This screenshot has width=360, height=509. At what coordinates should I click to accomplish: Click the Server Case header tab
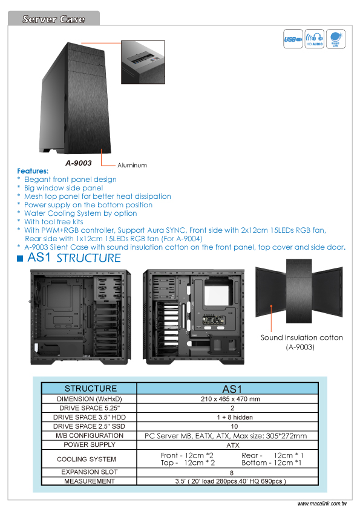coord(54,18)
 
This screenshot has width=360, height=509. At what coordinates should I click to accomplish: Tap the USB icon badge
coord(293,39)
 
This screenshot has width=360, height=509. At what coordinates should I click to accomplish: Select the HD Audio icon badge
coord(314,39)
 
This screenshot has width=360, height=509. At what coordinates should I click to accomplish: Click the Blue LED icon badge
coord(335,39)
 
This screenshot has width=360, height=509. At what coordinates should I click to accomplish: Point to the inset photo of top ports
coord(143,62)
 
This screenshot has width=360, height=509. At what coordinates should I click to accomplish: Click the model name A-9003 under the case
coord(79,163)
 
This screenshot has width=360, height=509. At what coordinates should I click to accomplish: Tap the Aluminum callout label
coord(132,165)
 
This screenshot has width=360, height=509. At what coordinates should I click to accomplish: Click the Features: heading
coord(33,170)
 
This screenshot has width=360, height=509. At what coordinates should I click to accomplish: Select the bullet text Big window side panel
coord(64,188)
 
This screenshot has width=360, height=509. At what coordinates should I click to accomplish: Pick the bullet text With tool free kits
coord(54,222)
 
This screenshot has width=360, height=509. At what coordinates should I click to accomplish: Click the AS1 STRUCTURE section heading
coord(74,258)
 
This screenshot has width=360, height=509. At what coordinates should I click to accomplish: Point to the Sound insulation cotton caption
coord(301,342)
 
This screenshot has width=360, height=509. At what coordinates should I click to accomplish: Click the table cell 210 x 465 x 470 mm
coord(231,399)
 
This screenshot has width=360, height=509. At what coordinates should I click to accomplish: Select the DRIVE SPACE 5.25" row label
coord(90,408)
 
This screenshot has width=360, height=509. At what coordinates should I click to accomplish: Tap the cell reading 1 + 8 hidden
coord(235,417)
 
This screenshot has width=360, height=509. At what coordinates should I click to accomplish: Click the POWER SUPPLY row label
coord(90,444)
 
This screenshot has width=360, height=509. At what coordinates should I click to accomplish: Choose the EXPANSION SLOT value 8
coord(232,473)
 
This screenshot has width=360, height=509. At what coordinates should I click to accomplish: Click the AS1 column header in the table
coord(232,389)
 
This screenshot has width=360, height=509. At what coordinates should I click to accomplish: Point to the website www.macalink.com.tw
coord(322,504)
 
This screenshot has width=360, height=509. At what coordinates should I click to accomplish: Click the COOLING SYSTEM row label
coord(87,459)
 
